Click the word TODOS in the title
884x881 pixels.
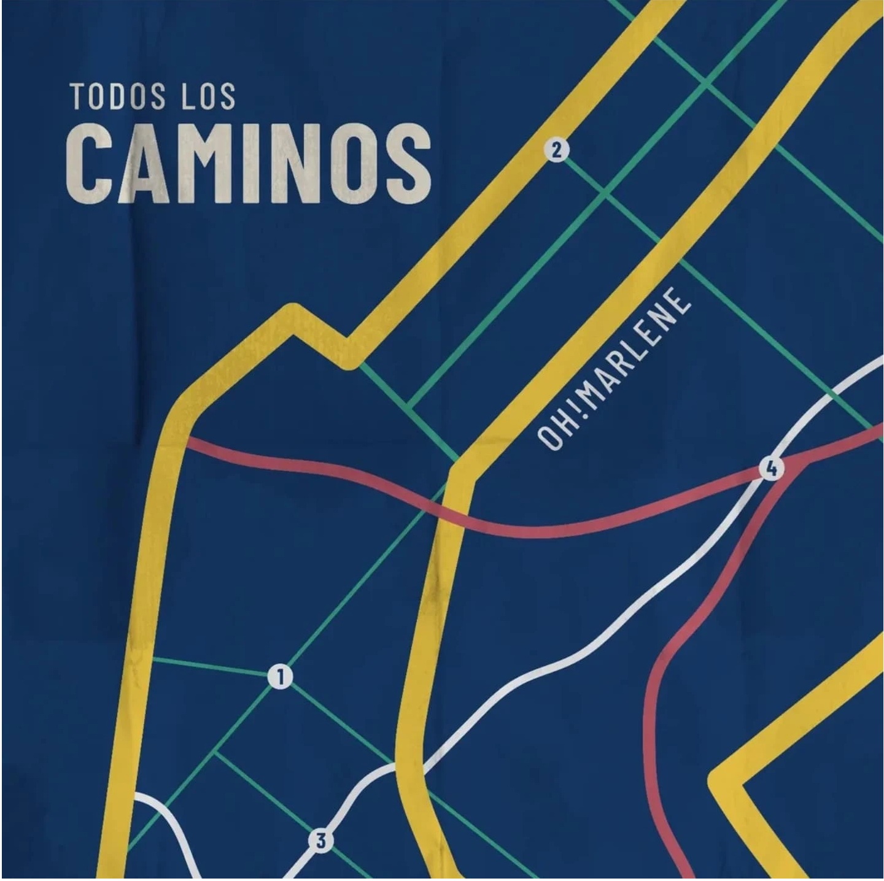point(117,97)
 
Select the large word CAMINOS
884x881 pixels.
point(248,163)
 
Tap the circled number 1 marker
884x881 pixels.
point(281,677)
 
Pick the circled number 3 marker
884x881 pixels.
point(320,840)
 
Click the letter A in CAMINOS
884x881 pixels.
point(147,163)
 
